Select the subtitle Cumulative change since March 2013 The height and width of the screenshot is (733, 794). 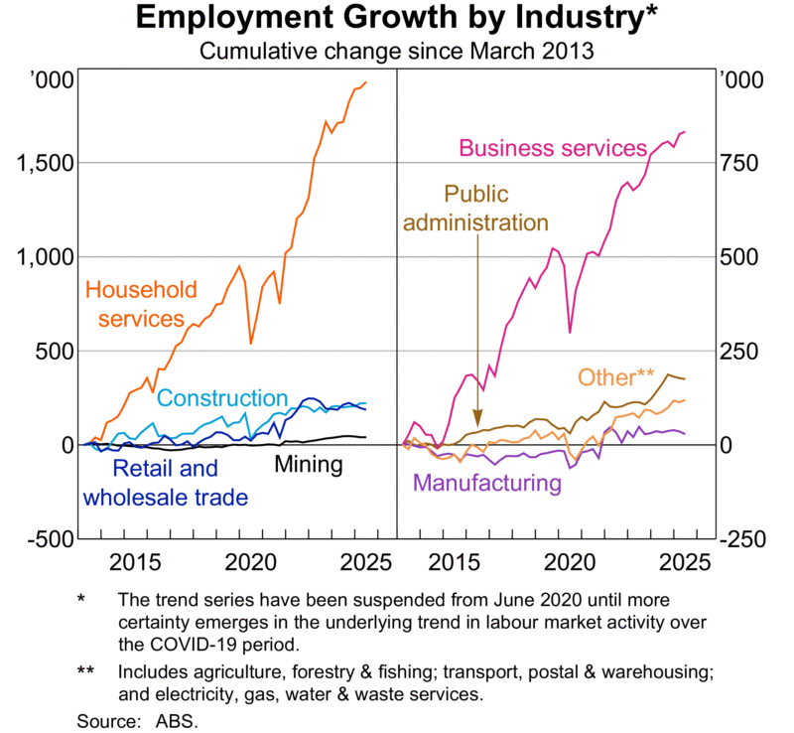(397, 51)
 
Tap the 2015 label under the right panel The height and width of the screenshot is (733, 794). (459, 562)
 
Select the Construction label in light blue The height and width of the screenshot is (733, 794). (222, 398)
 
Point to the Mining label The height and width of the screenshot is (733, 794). (308, 464)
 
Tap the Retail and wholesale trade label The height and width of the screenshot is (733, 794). (165, 483)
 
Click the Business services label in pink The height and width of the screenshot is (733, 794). (552, 149)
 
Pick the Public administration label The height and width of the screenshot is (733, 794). (474, 209)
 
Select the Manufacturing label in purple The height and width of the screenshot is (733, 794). (487, 484)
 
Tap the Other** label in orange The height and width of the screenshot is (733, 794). (615, 378)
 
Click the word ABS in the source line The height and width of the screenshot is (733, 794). (182, 720)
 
